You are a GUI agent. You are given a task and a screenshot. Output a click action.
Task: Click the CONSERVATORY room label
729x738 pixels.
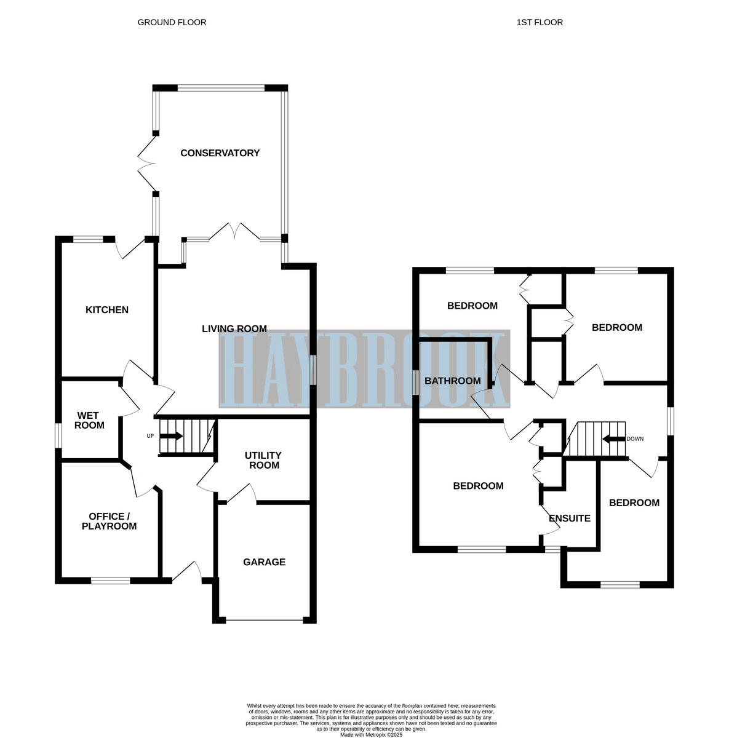point(220,153)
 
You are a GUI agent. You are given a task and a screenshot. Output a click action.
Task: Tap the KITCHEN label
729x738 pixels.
point(107,310)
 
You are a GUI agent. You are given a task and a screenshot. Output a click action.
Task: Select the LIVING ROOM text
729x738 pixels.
point(234,329)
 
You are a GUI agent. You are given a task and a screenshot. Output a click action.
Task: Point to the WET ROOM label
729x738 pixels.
point(90,421)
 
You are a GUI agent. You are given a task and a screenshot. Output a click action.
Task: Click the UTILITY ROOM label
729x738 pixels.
point(263,460)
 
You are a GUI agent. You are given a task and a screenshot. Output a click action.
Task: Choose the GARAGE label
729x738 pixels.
point(264,562)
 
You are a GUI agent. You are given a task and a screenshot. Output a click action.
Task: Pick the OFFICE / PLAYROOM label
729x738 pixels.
point(109,522)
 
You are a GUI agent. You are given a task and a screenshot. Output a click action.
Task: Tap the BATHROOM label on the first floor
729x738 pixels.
point(453,381)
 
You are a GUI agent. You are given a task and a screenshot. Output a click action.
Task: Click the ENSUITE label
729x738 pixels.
point(570,518)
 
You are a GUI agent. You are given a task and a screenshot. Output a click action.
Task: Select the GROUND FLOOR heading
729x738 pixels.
point(172,22)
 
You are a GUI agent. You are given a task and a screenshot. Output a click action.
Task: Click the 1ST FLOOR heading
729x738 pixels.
point(540,22)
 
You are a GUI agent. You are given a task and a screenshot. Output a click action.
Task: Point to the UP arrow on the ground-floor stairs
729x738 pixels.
point(172,437)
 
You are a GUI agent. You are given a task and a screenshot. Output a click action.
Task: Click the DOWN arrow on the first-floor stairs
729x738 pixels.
point(613,439)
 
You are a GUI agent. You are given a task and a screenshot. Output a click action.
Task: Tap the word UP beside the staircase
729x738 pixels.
point(149,437)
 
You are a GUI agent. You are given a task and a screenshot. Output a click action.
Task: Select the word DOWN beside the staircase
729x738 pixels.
point(635,439)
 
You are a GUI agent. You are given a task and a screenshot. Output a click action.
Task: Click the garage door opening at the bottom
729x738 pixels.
point(265,621)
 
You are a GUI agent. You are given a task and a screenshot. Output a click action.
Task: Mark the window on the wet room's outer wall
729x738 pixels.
point(59,435)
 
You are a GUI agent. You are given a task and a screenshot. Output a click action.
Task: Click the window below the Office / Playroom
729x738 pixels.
point(111,580)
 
